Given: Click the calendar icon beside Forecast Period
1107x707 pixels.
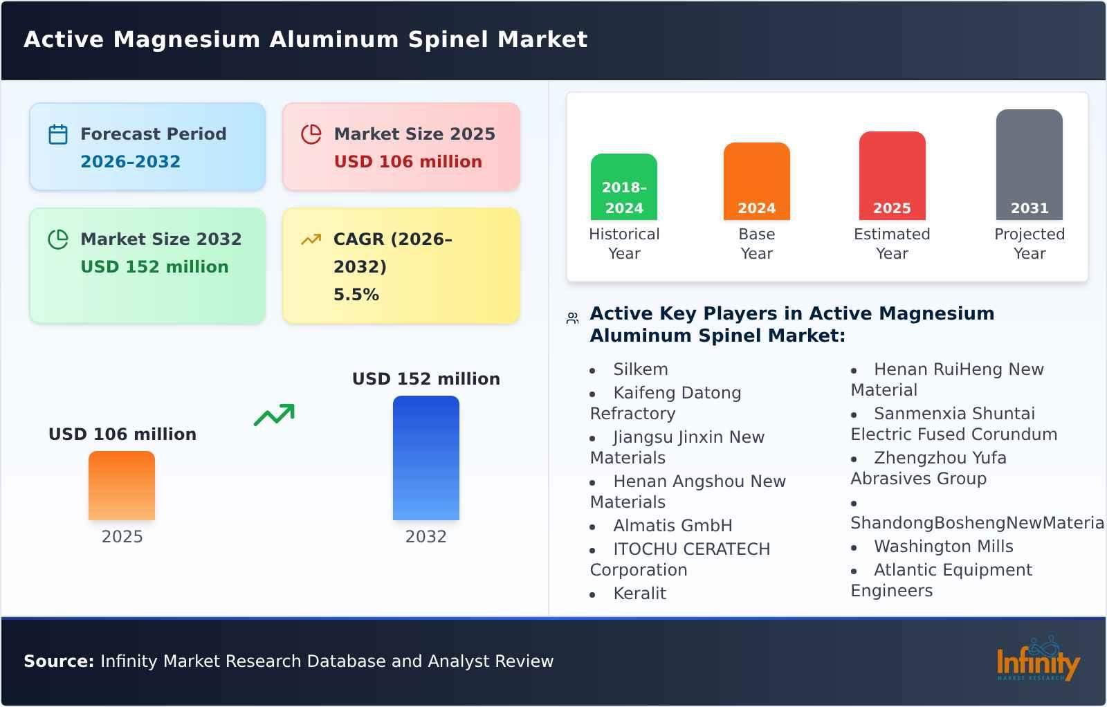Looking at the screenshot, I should [x=58, y=134].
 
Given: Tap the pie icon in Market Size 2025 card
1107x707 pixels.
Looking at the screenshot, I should [x=311, y=134].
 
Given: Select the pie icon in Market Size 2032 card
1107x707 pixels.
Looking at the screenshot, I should [x=58, y=239].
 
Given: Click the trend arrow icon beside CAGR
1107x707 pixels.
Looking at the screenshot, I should [x=311, y=239].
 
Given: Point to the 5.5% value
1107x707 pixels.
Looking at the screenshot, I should [x=356, y=295].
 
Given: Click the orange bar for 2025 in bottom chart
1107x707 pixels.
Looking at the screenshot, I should [x=122, y=486].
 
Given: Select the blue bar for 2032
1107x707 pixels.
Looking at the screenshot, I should [x=426, y=458].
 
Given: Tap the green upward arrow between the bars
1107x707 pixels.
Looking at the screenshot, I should [x=274, y=415].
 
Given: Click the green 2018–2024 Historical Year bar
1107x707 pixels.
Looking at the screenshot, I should [x=624, y=187].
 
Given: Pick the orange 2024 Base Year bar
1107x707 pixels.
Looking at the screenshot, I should [x=756, y=181].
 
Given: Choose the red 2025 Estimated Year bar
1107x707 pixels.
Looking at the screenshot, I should [x=892, y=176].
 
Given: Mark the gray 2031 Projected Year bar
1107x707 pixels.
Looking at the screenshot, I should [x=1029, y=165].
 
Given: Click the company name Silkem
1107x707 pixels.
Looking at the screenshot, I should [x=641, y=369].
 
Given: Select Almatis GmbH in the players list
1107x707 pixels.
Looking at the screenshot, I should [x=673, y=526].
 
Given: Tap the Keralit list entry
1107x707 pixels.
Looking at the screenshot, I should [x=639, y=594].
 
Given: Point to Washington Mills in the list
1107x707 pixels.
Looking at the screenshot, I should [x=943, y=547].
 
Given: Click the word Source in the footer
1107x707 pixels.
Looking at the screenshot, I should [x=58, y=661].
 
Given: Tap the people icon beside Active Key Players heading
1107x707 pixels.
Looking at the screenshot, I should [x=572, y=318].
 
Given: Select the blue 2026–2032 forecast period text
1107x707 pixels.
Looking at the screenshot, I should [x=130, y=162].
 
